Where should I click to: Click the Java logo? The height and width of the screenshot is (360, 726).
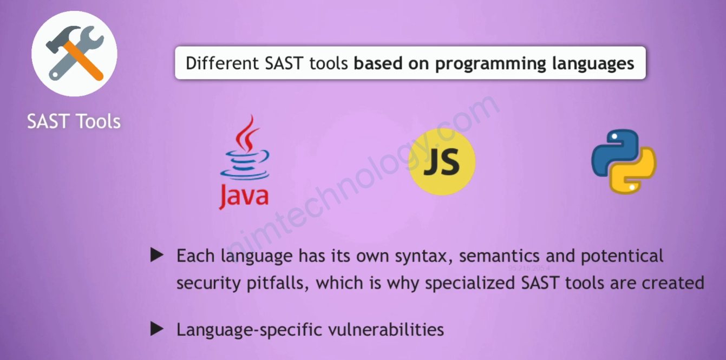[x=245, y=162]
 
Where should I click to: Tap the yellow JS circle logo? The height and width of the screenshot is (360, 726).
[x=442, y=162]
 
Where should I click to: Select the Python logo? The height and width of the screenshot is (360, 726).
[x=624, y=162]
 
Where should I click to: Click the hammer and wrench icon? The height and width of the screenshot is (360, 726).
[x=75, y=54]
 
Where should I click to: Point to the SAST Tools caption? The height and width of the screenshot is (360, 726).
[x=74, y=121]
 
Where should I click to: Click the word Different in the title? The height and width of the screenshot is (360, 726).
[x=222, y=63]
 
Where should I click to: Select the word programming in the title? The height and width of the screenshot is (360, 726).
[x=490, y=64]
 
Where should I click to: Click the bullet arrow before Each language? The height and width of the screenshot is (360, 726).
[x=157, y=255]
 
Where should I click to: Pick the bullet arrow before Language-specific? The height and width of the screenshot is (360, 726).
[x=157, y=329]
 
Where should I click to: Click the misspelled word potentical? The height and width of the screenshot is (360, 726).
[x=622, y=257]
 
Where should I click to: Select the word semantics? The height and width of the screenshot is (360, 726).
[x=499, y=256]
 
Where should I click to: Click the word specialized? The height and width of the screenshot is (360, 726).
[x=470, y=284]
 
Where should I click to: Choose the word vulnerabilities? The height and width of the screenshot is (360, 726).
[x=386, y=330]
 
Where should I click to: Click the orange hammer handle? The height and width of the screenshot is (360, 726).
[x=83, y=61]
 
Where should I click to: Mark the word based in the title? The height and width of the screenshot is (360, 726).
[x=378, y=63]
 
